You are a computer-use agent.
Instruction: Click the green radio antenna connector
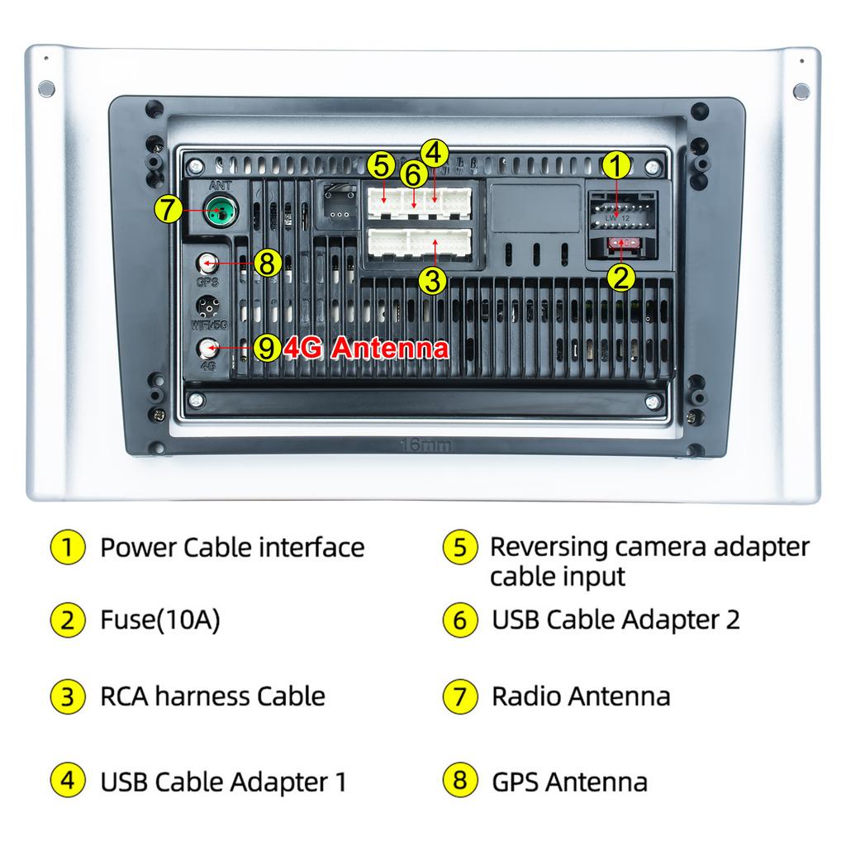click(x=219, y=213)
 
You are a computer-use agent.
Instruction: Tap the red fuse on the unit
click(x=620, y=243)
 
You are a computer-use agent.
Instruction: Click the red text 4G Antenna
click(x=366, y=348)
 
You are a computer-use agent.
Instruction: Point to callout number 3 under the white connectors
click(x=432, y=280)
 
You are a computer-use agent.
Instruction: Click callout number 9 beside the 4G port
click(x=265, y=348)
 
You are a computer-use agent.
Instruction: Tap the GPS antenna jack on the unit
click(x=206, y=264)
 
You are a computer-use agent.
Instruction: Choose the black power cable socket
click(x=620, y=213)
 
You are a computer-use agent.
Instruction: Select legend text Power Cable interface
click(x=232, y=547)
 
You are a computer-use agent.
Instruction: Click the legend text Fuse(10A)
click(x=160, y=620)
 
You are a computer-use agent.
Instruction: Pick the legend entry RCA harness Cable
click(x=212, y=696)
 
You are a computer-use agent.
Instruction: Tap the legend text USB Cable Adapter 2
click(x=615, y=619)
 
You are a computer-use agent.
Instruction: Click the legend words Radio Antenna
click(x=581, y=696)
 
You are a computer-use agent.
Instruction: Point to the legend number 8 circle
click(x=460, y=781)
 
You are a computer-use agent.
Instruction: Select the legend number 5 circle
click(x=460, y=547)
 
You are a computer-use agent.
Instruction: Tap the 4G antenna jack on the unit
click(x=206, y=348)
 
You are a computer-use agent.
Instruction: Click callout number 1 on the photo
click(x=615, y=165)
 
